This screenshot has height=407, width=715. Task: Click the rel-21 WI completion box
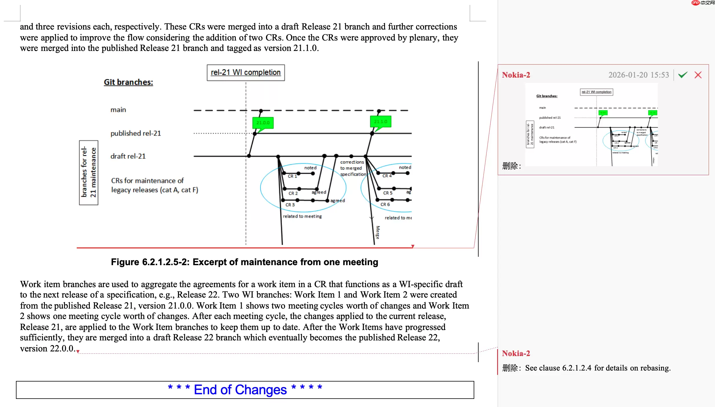click(246, 72)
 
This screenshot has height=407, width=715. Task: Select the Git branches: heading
click(128, 82)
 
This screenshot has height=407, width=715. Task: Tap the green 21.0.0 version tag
click(263, 123)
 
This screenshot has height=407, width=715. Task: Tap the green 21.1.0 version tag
click(380, 122)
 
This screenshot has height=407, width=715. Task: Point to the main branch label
click(118, 110)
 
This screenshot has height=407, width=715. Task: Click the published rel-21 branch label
click(136, 133)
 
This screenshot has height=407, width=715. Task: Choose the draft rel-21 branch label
click(128, 156)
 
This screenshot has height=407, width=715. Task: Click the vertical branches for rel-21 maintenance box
click(89, 173)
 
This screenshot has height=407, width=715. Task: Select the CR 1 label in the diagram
click(292, 176)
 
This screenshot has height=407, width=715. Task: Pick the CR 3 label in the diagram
click(290, 205)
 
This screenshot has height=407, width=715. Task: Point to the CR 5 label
click(388, 193)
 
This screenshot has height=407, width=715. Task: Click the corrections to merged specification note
click(353, 168)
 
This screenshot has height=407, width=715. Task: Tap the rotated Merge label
click(377, 232)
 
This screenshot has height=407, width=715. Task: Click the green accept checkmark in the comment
click(683, 75)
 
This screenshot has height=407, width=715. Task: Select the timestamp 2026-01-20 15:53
click(639, 75)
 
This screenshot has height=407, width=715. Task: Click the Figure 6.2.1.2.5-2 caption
click(245, 262)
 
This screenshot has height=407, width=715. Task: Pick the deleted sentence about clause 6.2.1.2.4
click(598, 368)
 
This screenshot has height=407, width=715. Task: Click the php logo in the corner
click(695, 3)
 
